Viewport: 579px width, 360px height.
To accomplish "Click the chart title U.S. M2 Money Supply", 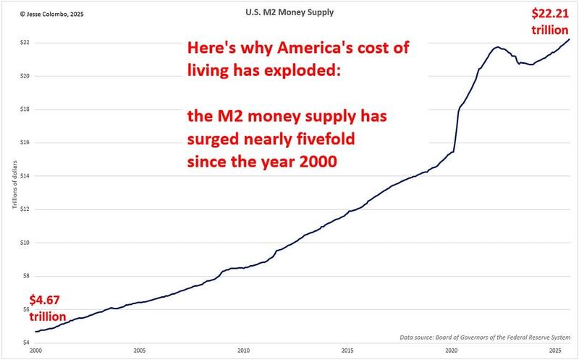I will coord(289,12).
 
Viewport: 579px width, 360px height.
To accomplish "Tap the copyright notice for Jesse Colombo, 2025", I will coord(41,13).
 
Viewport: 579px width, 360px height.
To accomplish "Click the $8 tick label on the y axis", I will coord(25,276).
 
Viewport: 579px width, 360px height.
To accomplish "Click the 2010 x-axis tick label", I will coord(244,350).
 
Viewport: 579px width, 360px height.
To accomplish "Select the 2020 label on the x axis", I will coord(452,350).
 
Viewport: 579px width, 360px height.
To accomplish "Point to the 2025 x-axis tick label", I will coord(555,350).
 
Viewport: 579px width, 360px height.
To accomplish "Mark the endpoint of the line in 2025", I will coord(569,39).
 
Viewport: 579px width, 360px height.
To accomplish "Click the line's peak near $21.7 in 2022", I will coord(498,48).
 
